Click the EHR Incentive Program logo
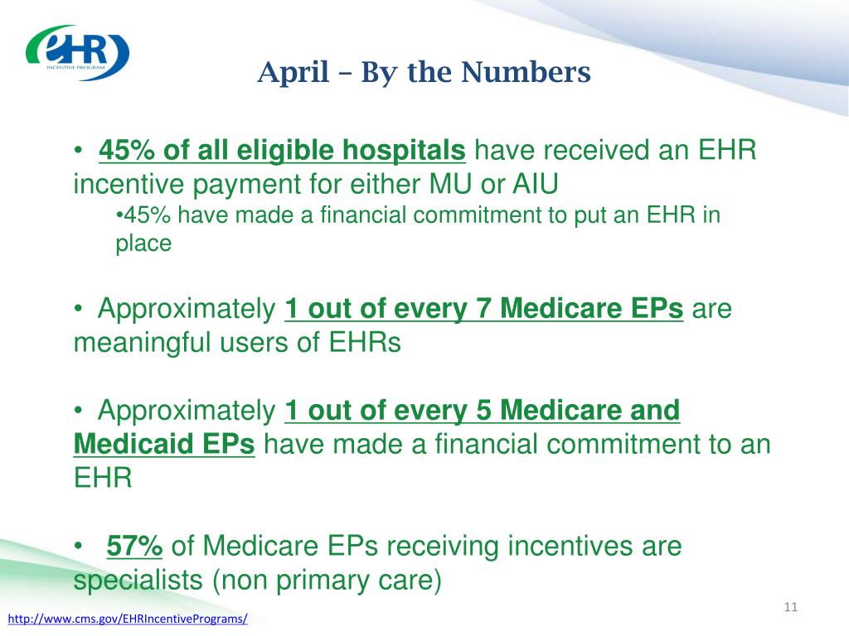[x=77, y=52]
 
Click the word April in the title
[x=294, y=73]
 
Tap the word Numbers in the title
[x=526, y=72]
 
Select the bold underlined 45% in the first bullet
[x=127, y=150]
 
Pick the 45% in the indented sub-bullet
[x=147, y=215]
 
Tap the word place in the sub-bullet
[x=143, y=244]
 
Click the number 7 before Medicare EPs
[x=483, y=308]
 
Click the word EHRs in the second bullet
[x=365, y=343]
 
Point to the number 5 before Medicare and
[x=483, y=411]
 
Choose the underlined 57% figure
[x=134, y=546]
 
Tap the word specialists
[x=138, y=581]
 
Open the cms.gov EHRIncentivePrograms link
[x=128, y=619]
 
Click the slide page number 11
[x=790, y=607]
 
